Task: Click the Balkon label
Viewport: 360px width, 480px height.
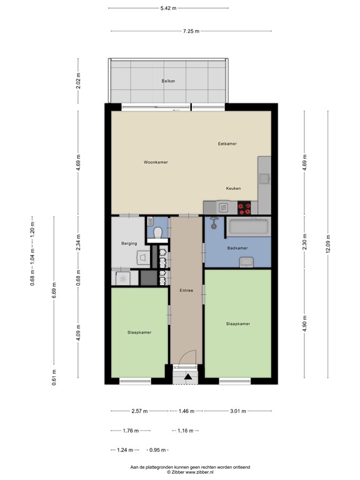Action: click(168, 81)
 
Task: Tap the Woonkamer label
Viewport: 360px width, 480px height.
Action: click(156, 162)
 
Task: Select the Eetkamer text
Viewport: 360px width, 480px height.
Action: click(227, 144)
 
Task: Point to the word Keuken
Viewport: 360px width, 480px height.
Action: click(233, 188)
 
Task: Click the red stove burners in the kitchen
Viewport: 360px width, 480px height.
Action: click(244, 208)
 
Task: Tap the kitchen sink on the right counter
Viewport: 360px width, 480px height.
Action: click(264, 179)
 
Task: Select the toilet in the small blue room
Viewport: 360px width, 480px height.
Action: click(158, 232)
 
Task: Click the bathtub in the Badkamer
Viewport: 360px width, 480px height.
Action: click(249, 227)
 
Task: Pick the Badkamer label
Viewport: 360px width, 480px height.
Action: click(237, 248)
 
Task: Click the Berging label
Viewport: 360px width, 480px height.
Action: click(129, 243)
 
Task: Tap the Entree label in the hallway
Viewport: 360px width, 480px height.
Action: click(186, 290)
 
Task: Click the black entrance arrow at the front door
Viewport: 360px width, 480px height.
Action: click(188, 376)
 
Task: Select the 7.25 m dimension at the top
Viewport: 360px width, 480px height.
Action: click(191, 31)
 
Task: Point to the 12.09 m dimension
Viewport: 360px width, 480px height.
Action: click(328, 244)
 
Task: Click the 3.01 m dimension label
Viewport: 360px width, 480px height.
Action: click(238, 411)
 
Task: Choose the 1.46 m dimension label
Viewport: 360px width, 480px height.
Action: click(186, 411)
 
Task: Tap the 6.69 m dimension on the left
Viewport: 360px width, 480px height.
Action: click(54, 290)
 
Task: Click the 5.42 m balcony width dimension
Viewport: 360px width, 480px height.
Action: click(168, 8)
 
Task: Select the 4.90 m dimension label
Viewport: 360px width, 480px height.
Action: click(304, 324)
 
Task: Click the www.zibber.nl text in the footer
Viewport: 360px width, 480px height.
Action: click(199, 472)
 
